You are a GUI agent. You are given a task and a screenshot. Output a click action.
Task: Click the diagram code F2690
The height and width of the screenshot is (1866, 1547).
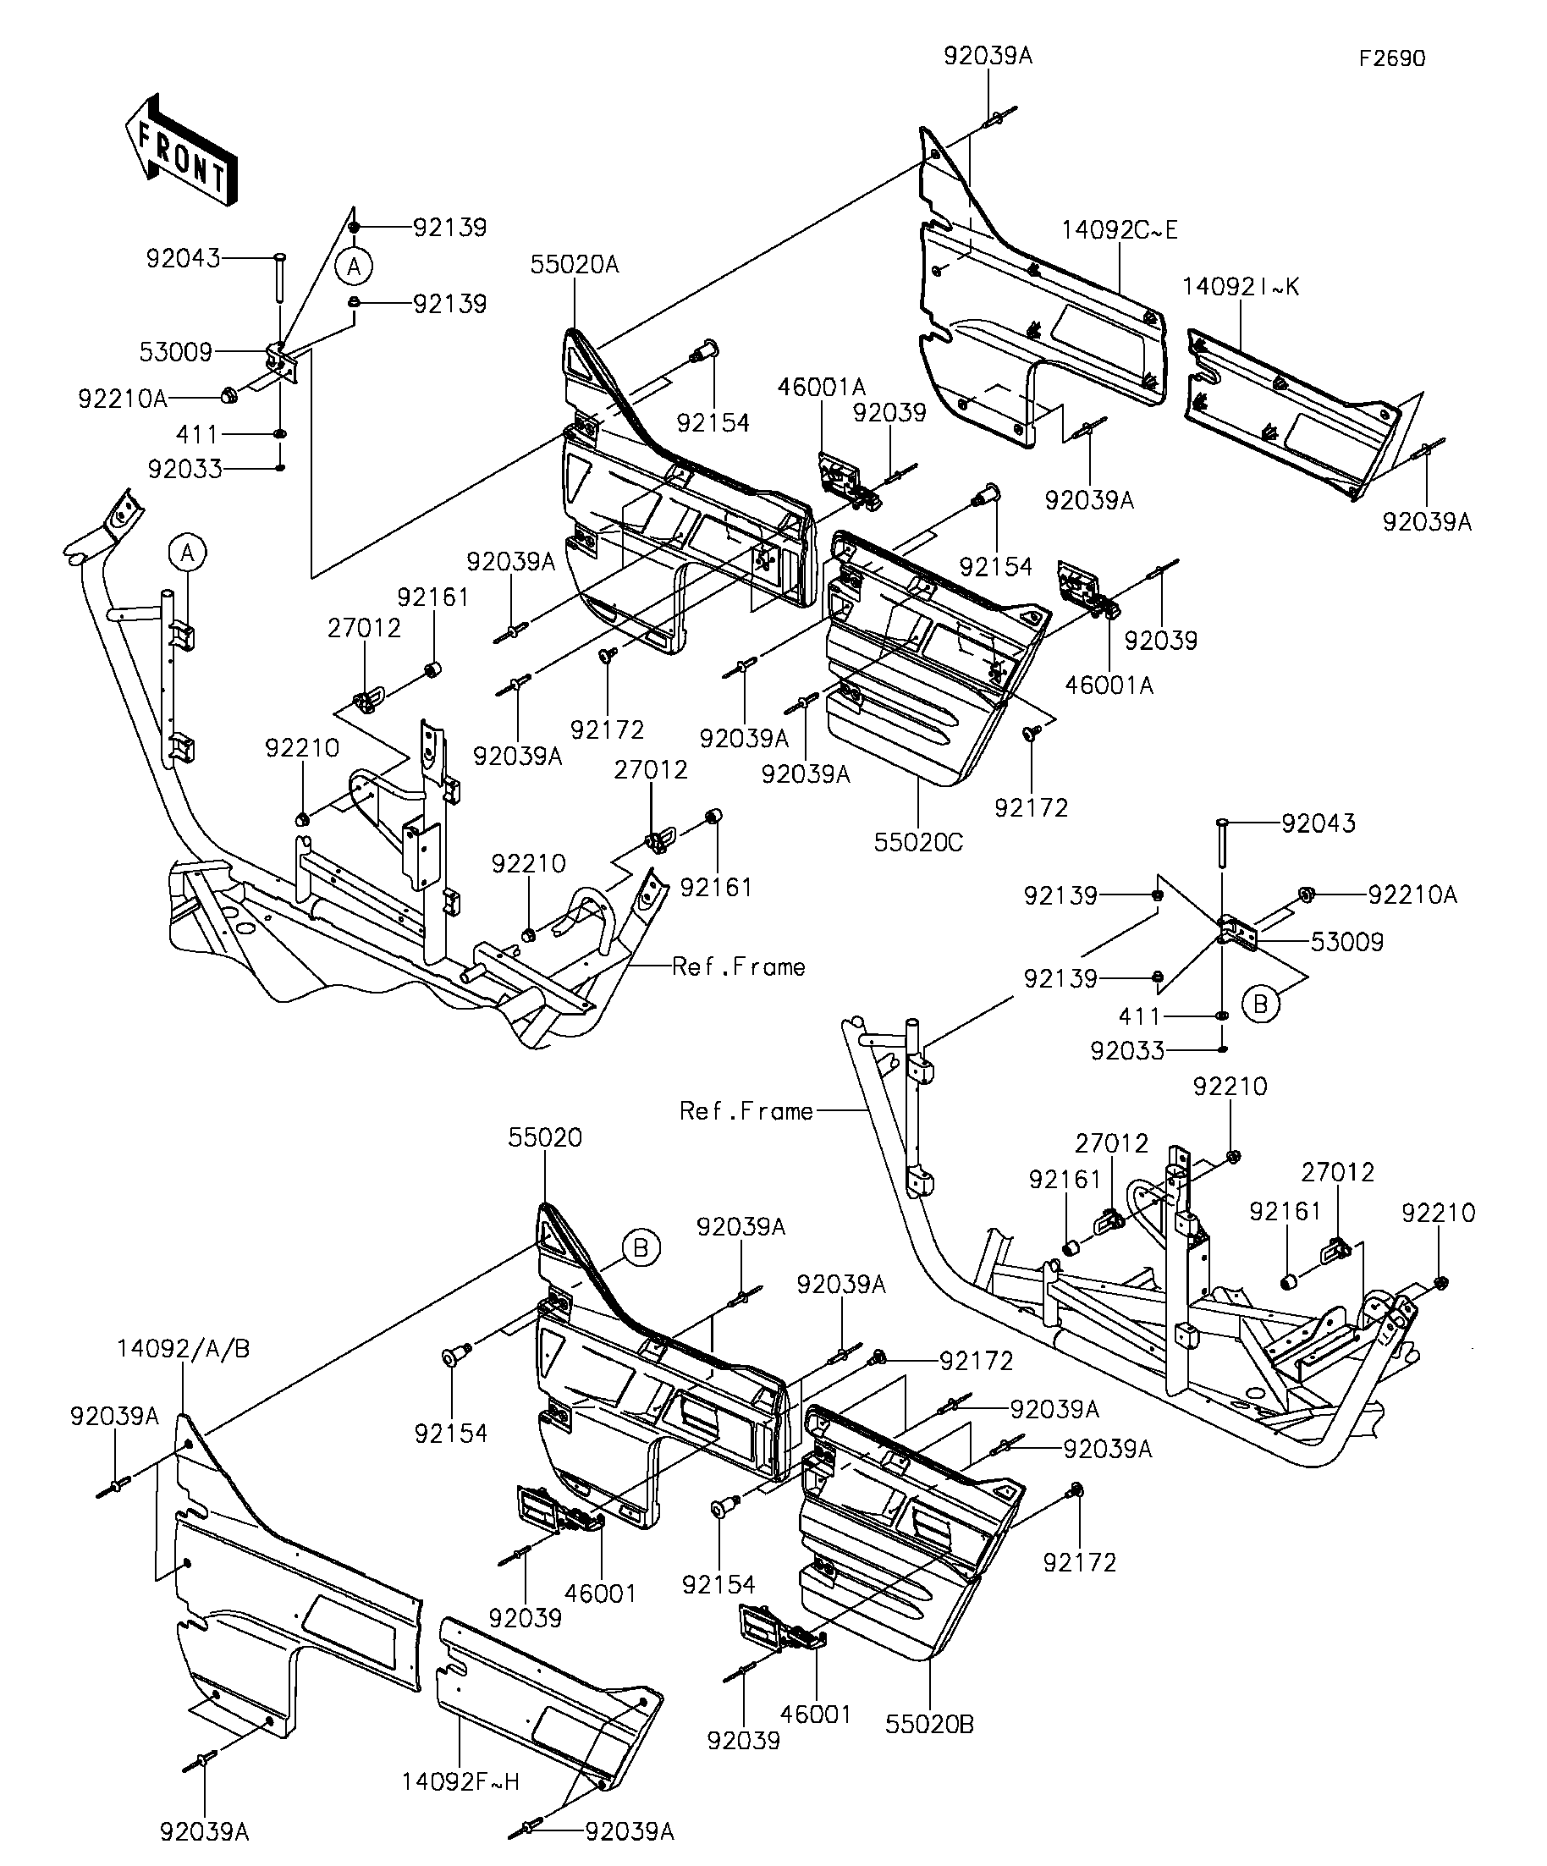(x=1391, y=58)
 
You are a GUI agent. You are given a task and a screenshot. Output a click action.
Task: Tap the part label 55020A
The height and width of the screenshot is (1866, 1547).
(x=575, y=264)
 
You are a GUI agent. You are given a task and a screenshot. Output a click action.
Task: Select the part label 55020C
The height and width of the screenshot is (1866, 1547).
(x=918, y=842)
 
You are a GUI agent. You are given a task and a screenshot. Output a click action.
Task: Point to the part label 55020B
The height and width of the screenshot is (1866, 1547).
(x=929, y=1749)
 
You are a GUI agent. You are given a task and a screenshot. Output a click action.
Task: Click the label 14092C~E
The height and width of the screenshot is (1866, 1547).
(x=1120, y=230)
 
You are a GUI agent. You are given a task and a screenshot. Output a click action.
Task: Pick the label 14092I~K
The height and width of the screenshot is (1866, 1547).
(x=1241, y=287)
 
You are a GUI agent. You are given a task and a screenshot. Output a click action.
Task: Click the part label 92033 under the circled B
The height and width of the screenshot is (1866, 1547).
(x=1127, y=1051)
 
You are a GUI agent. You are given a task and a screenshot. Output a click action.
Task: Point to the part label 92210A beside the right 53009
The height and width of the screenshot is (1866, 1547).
(x=1412, y=894)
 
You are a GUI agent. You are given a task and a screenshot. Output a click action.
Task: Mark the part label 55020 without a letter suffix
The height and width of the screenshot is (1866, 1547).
(x=546, y=1137)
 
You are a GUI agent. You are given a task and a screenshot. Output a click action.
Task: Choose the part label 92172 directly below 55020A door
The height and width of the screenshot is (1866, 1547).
(x=607, y=729)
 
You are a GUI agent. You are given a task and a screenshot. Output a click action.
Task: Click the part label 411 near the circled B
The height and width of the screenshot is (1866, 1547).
(x=1140, y=1016)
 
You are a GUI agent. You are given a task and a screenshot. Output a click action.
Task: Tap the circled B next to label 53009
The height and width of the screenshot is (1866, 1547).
(x=1259, y=1005)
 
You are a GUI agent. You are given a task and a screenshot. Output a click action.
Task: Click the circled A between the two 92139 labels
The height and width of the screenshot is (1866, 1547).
(x=354, y=266)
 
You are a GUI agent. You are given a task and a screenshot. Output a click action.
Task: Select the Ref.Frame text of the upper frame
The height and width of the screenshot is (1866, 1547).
(x=739, y=966)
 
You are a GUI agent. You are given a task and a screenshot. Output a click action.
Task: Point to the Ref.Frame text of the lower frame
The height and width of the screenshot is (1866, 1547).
(x=746, y=1110)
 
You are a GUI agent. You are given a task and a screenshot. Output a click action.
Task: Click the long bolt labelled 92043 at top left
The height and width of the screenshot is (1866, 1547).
(x=278, y=278)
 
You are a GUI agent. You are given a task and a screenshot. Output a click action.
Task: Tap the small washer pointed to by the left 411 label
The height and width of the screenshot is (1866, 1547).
(x=280, y=433)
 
